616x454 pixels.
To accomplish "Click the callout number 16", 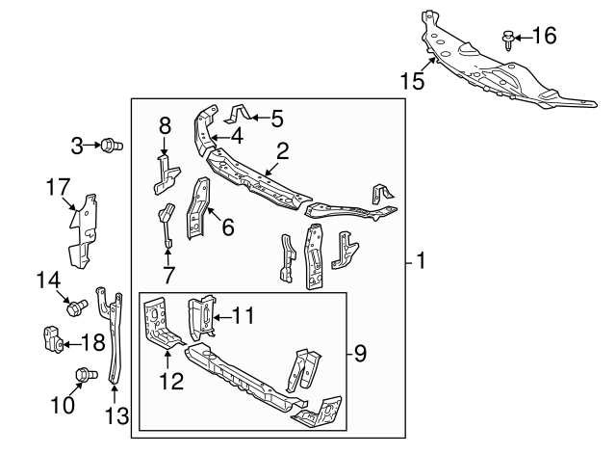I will [x=544, y=37].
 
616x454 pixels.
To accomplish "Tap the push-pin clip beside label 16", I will [x=507, y=39].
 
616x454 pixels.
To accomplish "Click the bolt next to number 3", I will [x=113, y=146].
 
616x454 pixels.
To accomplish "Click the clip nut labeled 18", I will [x=52, y=340].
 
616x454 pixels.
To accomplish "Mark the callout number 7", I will [x=167, y=277].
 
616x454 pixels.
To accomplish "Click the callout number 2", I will [x=282, y=149].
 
